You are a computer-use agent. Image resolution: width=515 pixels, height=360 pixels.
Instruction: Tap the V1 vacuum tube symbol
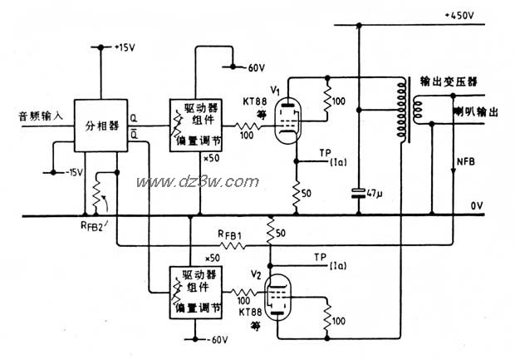pyautogui.click(x=287, y=112)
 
